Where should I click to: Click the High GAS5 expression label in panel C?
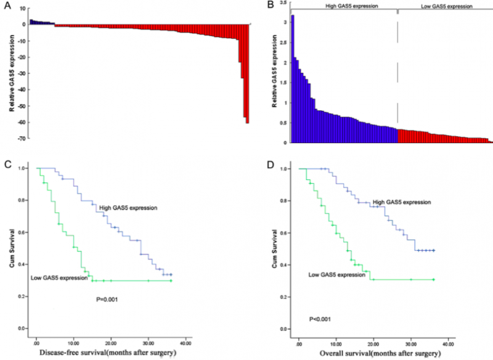click(128, 208)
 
